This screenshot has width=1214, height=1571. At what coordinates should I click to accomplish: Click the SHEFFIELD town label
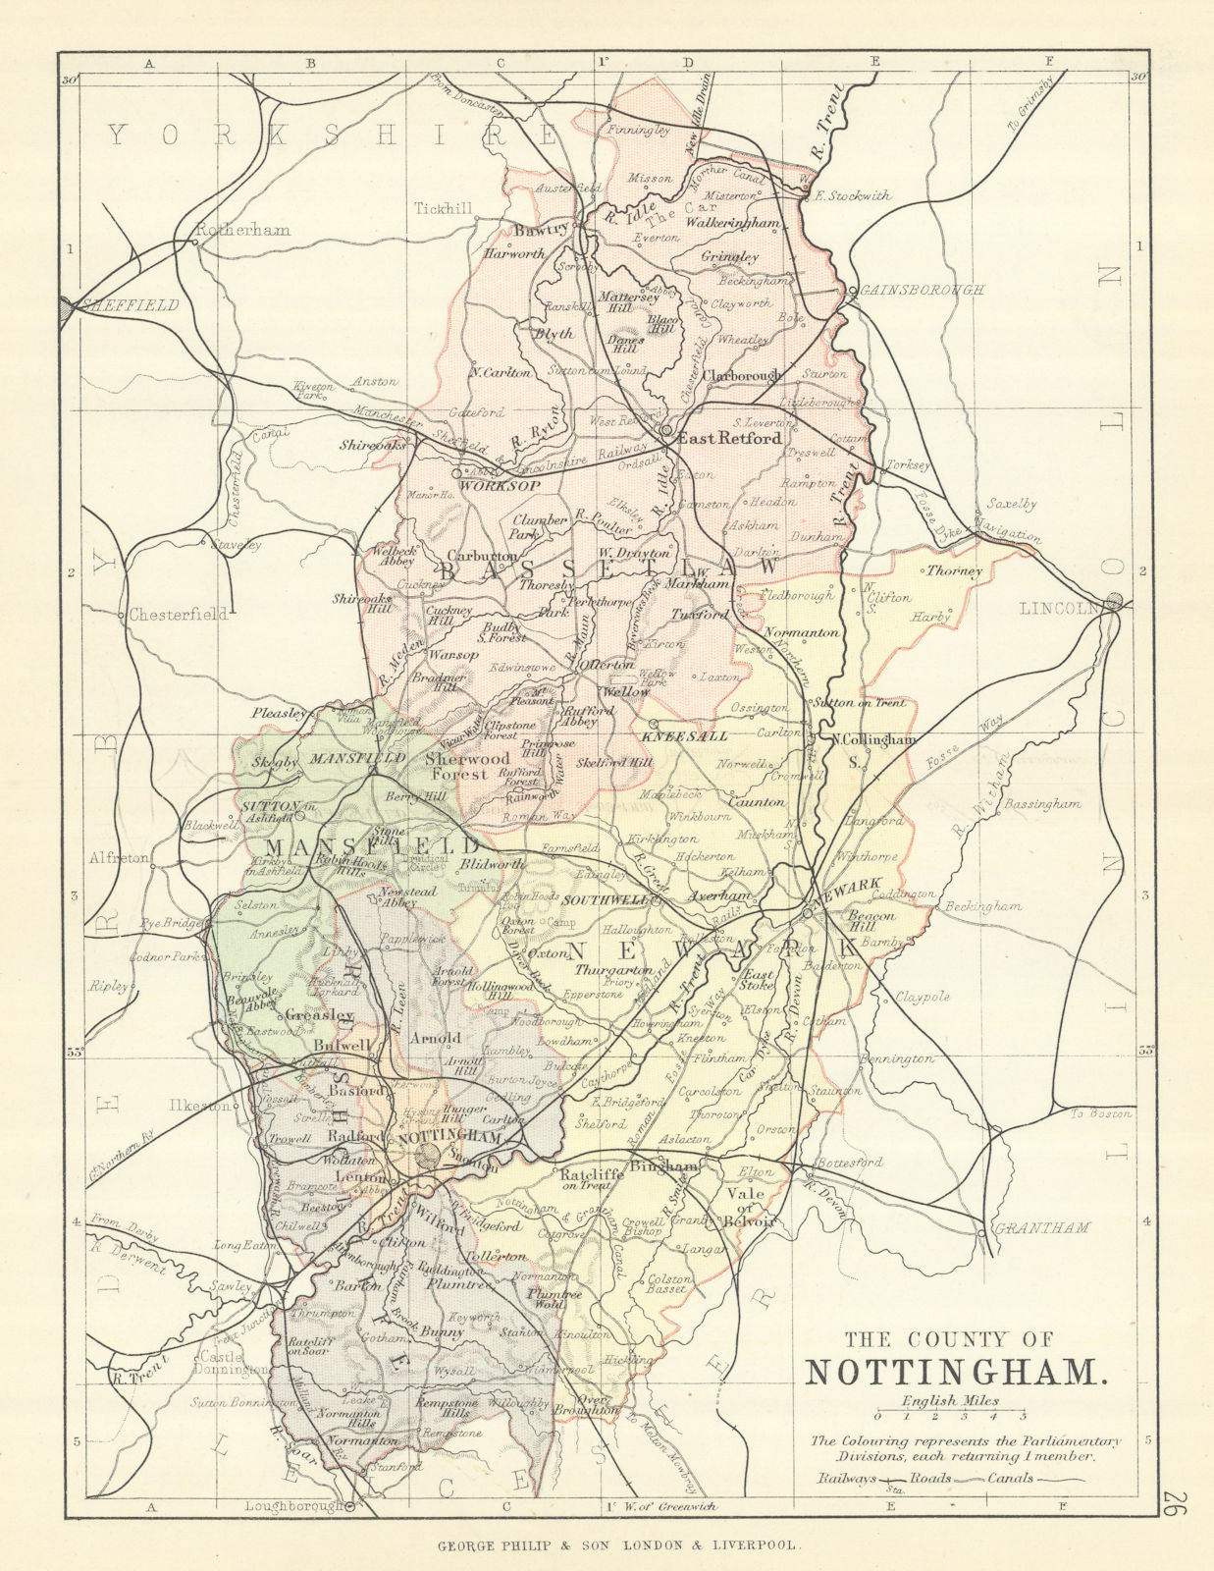pos(131,305)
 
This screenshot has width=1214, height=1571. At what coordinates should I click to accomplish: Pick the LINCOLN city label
pos(1061,609)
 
